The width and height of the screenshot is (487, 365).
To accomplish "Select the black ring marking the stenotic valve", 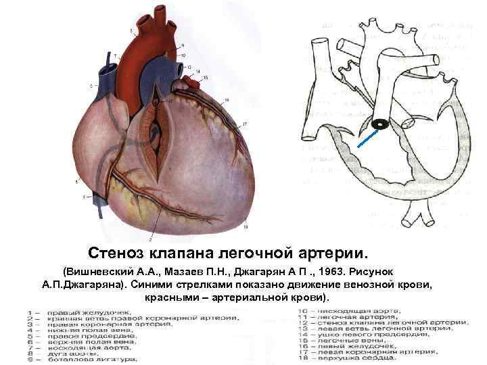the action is pyautogui.click(x=381, y=125).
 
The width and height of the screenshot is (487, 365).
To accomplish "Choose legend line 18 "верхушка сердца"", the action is pyautogui.click(x=358, y=359).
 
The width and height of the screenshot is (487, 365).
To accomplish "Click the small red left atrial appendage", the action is pyautogui.click(x=193, y=82).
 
